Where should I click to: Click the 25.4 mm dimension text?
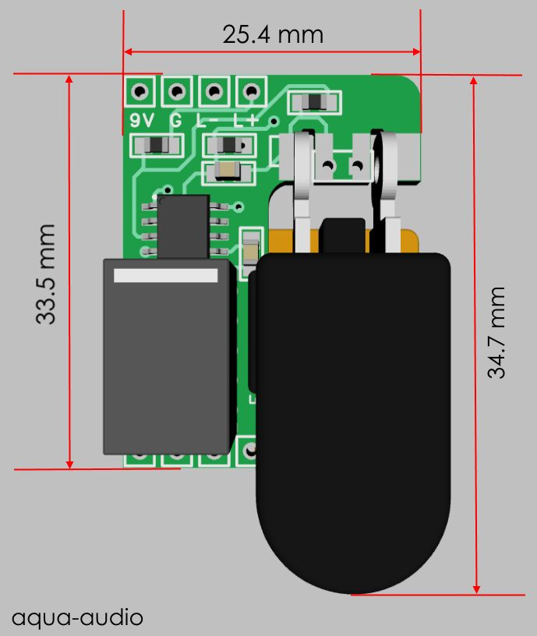tap(272, 34)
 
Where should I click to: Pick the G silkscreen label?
tap(177, 120)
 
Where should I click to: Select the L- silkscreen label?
tap(209, 120)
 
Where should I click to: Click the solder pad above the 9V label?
tap(140, 93)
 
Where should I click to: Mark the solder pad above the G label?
tap(178, 93)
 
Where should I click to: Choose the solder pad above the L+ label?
tap(250, 93)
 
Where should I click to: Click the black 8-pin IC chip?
tap(183, 226)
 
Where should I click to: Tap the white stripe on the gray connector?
tap(165, 275)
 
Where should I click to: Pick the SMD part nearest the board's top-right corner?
tap(314, 102)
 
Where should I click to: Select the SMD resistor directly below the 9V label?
tap(158, 144)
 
